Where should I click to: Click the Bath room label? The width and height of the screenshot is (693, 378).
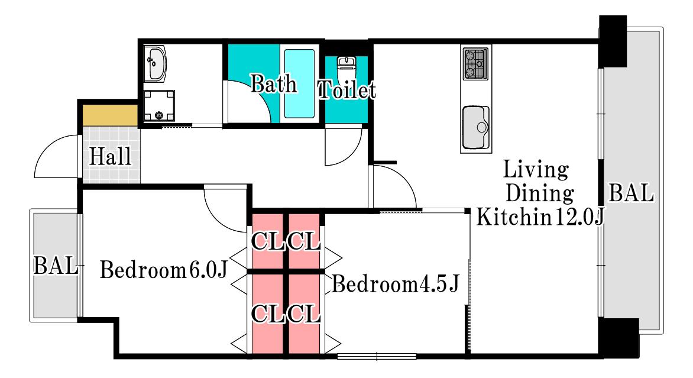click(274, 84)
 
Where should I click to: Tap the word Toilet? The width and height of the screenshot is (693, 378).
click(347, 89)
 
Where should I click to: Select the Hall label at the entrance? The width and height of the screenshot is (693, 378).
click(110, 157)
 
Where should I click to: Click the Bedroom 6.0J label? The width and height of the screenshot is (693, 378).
click(164, 270)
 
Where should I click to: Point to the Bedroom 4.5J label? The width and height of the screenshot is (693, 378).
click(396, 284)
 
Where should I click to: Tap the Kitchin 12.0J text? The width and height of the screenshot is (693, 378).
click(540, 217)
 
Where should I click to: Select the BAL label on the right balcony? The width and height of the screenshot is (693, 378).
click(631, 193)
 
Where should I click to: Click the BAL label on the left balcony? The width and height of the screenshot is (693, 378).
click(56, 265)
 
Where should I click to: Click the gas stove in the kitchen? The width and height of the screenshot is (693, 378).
click(476, 64)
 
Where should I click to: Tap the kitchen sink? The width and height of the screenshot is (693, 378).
click(476, 128)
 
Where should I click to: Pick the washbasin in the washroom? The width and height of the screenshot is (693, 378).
click(155, 64)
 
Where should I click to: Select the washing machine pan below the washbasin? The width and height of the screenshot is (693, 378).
click(159, 106)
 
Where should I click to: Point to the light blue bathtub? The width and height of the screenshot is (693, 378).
click(299, 83)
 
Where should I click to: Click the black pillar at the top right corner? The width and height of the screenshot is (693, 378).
click(613, 41)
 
